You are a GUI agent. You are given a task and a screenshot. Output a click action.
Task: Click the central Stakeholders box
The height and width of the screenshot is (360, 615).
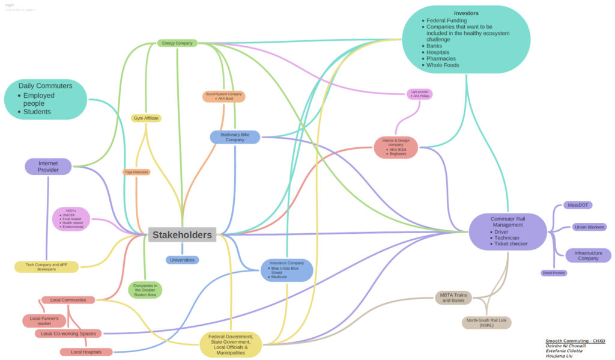[182, 235]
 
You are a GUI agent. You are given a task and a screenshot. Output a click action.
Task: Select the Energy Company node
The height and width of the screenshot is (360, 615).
[177, 43]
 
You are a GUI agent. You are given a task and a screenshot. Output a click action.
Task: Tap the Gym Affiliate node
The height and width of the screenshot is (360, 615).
[146, 118]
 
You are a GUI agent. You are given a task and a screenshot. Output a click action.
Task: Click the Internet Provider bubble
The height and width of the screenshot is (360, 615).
[48, 166]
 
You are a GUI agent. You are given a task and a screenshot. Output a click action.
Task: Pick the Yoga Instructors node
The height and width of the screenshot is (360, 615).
[136, 172]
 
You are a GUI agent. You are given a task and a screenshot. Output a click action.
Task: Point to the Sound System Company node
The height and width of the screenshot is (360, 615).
[224, 96]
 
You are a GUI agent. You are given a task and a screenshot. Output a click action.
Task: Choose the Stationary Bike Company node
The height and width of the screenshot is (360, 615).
[235, 138]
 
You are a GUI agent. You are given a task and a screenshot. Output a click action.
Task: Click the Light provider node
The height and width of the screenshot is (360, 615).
[419, 94]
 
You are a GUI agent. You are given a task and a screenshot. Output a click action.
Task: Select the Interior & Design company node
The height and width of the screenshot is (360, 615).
[396, 148]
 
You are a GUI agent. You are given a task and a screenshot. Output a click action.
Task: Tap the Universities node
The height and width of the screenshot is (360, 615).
[182, 260]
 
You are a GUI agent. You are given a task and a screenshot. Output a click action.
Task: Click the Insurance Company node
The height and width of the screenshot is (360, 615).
[287, 270]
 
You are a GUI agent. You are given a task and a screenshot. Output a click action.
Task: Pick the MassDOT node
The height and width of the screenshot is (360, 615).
[577, 206]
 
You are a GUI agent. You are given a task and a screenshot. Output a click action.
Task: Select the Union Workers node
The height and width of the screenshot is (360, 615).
[589, 227]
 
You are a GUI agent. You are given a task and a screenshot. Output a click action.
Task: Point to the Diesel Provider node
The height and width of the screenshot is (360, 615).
[553, 273]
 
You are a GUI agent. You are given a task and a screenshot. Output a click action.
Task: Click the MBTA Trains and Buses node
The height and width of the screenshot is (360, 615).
[453, 297]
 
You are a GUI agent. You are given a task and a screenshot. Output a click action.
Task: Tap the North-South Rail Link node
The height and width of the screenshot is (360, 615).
[487, 323]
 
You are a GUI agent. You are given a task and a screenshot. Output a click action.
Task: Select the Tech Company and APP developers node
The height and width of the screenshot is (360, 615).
[46, 267]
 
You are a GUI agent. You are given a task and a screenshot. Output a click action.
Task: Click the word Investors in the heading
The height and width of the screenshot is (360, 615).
[466, 13]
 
